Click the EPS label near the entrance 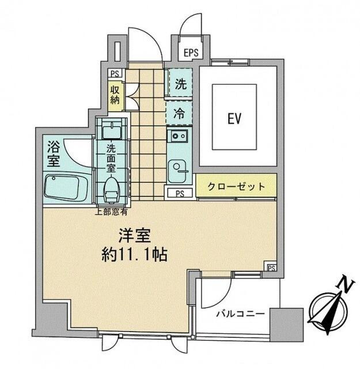[191, 52]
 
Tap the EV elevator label [233, 119]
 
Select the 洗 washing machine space [180, 83]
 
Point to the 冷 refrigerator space [180, 114]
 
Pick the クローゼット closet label [237, 187]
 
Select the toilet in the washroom [111, 187]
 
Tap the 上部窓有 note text [111, 212]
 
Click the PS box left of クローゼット [180, 193]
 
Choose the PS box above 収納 [115, 73]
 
